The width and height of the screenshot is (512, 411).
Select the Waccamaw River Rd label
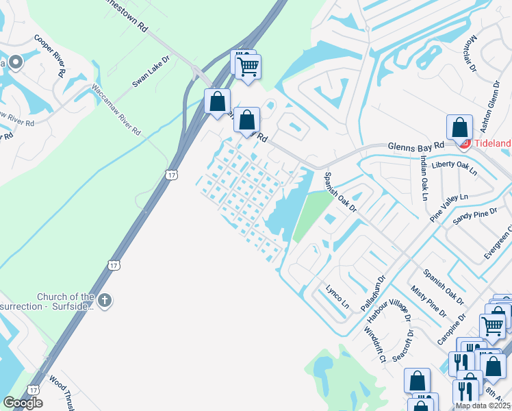tap(116, 110)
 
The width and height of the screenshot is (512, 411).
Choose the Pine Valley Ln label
tap(449, 207)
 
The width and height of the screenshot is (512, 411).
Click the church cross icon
tap(104, 301)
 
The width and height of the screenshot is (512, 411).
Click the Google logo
tap(23, 403)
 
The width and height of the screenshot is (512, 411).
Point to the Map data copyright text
tap(483, 406)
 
